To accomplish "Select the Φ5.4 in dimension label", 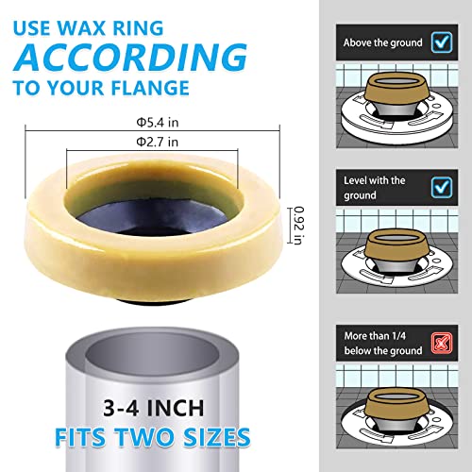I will pos(156,120).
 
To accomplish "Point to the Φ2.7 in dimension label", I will pos(156,143).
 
